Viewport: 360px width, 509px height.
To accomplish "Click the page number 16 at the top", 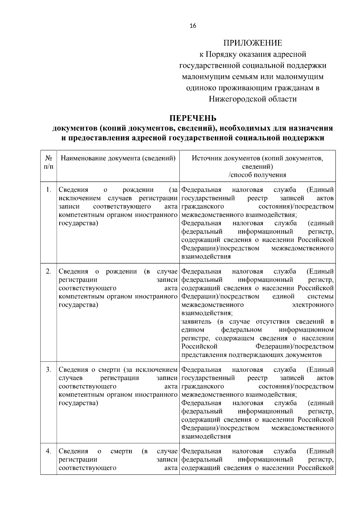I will pyautogui.click(x=193, y=26).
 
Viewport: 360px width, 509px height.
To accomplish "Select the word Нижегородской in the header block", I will pyautogui.click(x=235, y=99).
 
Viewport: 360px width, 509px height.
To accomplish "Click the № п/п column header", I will pyautogui.click(x=49, y=162).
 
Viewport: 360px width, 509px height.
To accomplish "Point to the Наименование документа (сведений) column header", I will pyautogui.click(x=118, y=158).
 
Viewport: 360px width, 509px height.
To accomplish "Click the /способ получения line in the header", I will pyautogui.click(x=257, y=175).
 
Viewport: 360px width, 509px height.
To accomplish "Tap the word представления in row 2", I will pyautogui.click(x=204, y=355).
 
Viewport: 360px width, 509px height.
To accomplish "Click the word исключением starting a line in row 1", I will pyautogui.click(x=80, y=198).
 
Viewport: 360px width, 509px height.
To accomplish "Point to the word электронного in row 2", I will pyautogui.click(x=313, y=305).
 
